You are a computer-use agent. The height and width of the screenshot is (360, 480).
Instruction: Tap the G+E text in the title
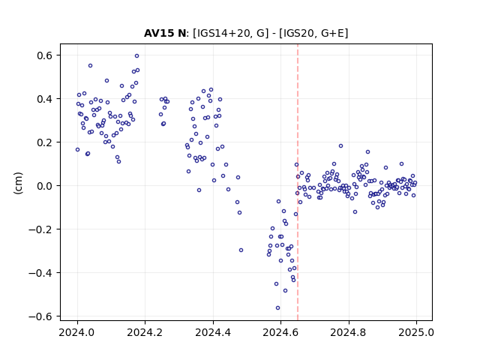click(x=332, y=33)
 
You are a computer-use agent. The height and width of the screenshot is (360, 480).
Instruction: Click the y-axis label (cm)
click(x=18, y=182)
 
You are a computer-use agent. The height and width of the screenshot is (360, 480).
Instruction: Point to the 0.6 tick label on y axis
click(x=45, y=55)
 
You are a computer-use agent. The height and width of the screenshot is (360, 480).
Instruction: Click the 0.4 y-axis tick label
click(x=45, y=99)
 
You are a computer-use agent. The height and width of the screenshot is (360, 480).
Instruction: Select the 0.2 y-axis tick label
click(x=45, y=142)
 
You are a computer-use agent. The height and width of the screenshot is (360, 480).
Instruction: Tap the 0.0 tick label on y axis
click(x=45, y=186)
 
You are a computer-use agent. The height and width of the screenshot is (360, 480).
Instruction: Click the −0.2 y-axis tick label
click(x=40, y=229)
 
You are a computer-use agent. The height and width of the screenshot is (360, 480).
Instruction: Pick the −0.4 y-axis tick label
click(x=40, y=273)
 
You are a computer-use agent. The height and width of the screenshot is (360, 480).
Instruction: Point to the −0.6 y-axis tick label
click(x=40, y=316)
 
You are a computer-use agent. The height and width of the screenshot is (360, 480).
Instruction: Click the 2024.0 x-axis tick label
click(x=77, y=332)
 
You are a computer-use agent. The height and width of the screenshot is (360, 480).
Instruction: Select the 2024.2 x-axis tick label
click(x=145, y=332)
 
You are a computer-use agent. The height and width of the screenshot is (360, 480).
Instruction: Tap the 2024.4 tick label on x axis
click(x=213, y=332)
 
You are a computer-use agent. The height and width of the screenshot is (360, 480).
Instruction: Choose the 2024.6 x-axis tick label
click(x=280, y=332)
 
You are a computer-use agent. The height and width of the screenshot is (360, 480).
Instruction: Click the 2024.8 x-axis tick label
click(x=348, y=332)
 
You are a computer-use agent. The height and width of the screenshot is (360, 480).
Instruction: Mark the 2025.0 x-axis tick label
click(x=416, y=332)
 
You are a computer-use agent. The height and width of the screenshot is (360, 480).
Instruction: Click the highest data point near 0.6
click(x=136, y=55)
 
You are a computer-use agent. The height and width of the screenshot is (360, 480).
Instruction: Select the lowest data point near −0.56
click(x=277, y=307)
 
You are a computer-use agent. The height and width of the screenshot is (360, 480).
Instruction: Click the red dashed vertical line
click(x=298, y=182)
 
